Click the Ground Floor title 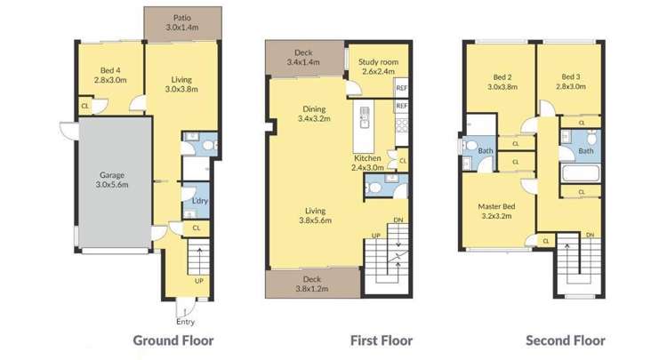click(x=173, y=340)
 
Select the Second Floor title click(x=565, y=340)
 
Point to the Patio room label click(x=183, y=22)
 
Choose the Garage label click(x=111, y=180)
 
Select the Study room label click(x=378, y=67)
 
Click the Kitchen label click(x=366, y=162)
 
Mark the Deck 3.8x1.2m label click(x=312, y=284)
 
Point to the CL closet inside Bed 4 click(x=85, y=106)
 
